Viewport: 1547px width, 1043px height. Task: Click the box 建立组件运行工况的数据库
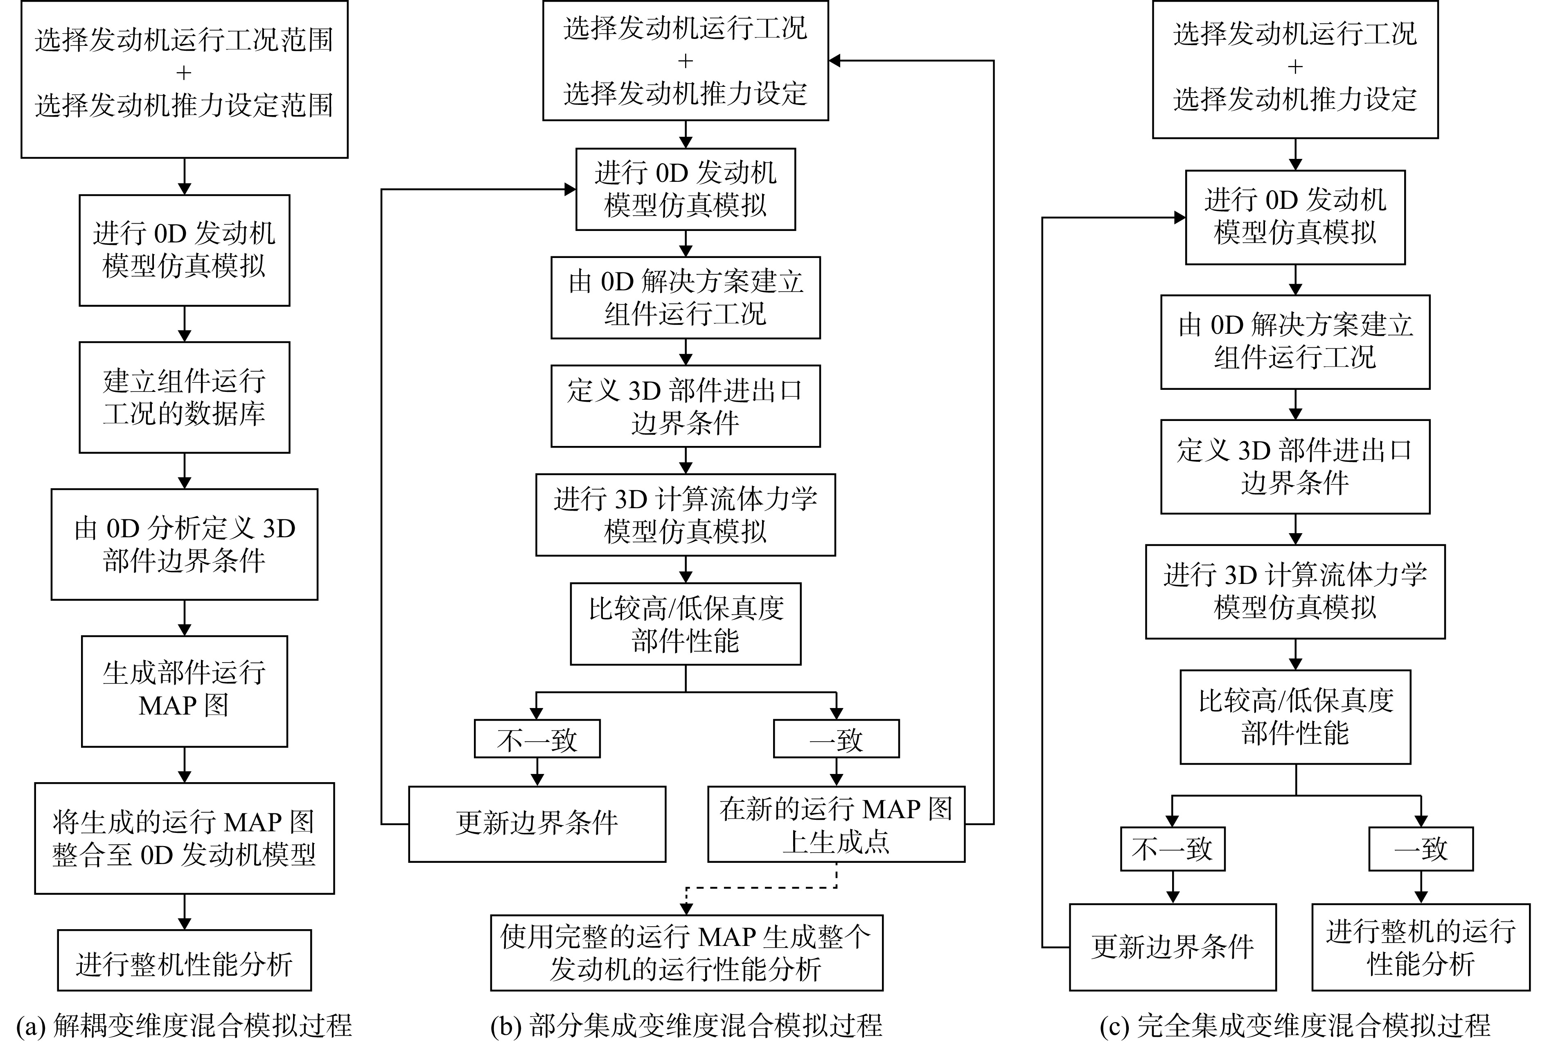tap(184, 397)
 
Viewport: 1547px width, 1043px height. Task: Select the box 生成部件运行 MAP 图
tap(184, 691)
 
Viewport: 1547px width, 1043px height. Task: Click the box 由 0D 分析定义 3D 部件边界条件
tap(184, 544)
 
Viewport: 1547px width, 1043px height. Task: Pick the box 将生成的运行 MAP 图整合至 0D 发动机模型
tap(184, 838)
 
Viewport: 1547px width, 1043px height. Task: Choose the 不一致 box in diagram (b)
tap(537, 738)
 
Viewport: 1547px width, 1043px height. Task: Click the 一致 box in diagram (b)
tap(837, 738)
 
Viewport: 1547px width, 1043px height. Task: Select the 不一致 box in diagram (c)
tap(1173, 849)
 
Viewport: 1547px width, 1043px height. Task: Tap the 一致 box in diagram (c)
tap(1421, 849)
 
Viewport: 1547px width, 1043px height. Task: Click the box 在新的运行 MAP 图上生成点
tap(837, 824)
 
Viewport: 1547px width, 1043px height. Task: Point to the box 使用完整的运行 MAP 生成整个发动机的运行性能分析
tap(687, 953)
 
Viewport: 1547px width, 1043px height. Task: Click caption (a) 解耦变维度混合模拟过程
tap(183, 1025)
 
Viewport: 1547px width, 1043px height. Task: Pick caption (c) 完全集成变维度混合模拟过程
tap(1295, 1025)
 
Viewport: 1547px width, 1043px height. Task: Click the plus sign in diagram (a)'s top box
tap(184, 72)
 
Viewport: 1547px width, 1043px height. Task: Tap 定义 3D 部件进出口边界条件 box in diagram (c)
tap(1295, 466)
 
